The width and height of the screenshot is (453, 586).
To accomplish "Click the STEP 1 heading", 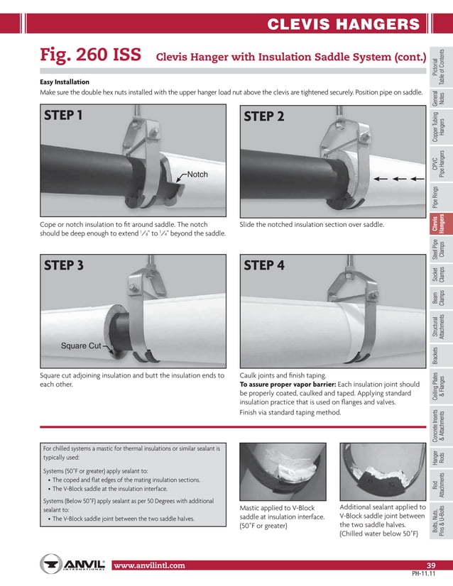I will tap(64, 115).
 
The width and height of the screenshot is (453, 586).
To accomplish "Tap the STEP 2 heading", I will tap(263, 116).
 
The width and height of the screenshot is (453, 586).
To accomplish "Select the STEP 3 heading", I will tap(64, 265).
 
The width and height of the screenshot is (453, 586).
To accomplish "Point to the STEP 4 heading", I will tap(264, 265).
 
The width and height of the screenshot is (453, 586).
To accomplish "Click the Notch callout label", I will tap(197, 175).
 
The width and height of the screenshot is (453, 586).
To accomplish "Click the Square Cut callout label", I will tap(80, 346).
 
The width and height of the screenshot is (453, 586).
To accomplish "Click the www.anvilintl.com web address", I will tap(149, 565).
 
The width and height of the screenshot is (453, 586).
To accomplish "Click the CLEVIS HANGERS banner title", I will tap(344, 25).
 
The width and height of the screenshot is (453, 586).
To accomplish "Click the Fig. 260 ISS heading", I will tap(90, 56).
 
